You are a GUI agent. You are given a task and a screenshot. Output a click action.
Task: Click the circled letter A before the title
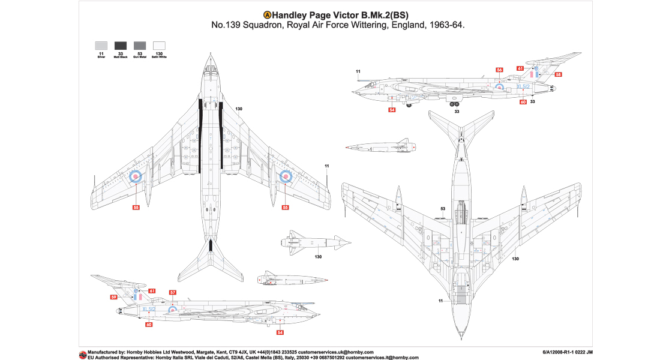click(267, 15)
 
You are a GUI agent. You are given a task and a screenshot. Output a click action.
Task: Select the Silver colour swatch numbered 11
click(101, 45)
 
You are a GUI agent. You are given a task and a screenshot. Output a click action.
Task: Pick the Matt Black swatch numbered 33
click(121, 45)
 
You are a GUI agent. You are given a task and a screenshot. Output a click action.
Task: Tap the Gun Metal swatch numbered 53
click(140, 45)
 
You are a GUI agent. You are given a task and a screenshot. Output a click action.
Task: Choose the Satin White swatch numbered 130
click(159, 45)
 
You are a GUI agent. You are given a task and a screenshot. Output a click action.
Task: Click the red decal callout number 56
click(499, 70)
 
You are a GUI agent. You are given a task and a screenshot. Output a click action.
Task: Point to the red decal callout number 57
click(172, 292)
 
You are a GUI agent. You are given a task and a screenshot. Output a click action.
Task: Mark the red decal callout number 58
click(558, 75)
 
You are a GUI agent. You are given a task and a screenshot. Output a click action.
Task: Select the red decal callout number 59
click(113, 297)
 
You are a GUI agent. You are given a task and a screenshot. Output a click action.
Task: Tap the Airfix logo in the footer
click(82, 354)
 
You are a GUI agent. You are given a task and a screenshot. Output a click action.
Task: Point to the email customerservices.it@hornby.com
click(373, 357)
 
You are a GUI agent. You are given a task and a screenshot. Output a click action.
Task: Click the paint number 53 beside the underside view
click(442, 209)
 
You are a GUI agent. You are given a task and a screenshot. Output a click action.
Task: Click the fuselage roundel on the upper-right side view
click(499, 86)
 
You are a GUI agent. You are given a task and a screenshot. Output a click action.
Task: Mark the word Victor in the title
click(340, 15)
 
